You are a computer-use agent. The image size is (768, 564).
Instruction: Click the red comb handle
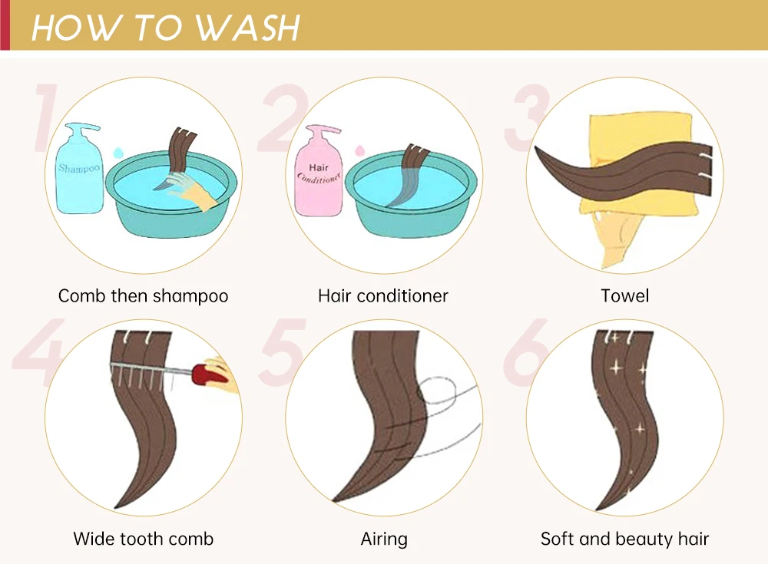pyautogui.click(x=210, y=374)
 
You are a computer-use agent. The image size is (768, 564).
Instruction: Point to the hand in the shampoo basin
pyautogui.click(x=191, y=191)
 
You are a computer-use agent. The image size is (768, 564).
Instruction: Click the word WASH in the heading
pyautogui.click(x=248, y=28)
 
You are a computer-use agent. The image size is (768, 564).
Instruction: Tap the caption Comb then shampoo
pyautogui.click(x=143, y=296)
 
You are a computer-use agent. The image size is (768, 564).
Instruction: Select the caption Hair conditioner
pyautogui.click(x=383, y=295)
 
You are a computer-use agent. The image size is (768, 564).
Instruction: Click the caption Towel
pyautogui.click(x=625, y=295)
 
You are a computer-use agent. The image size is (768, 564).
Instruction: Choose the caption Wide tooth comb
pyautogui.click(x=144, y=539)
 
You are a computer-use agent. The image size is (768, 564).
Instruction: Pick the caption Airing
pyautogui.click(x=384, y=539)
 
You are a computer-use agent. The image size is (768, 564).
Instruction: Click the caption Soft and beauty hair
pyautogui.click(x=624, y=539)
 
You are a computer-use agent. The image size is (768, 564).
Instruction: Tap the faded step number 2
pyautogui.click(x=283, y=117)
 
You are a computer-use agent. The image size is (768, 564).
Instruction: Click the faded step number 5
pyautogui.click(x=283, y=351)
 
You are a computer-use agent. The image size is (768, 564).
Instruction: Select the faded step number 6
pyautogui.click(x=525, y=351)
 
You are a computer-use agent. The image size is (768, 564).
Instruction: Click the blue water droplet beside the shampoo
pyautogui.click(x=117, y=153)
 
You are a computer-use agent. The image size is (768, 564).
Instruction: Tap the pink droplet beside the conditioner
pyautogui.click(x=360, y=150)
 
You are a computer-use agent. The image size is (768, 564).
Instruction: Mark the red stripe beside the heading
pyautogui.click(x=5, y=25)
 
